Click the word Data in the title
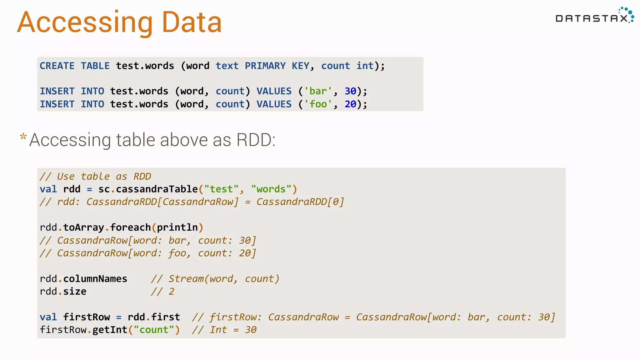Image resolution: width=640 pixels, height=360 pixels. [x=192, y=22]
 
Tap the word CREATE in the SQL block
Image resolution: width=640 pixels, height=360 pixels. [x=57, y=66]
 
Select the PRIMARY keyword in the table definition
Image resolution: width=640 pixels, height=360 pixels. [x=265, y=66]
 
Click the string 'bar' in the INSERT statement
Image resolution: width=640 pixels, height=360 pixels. [x=318, y=91]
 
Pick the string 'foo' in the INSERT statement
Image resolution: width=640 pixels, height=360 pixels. [x=318, y=104]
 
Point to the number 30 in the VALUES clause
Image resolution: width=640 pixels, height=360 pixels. [x=350, y=91]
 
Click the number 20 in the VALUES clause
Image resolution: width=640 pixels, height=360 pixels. [x=350, y=104]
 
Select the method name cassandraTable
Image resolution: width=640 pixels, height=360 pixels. [x=157, y=189]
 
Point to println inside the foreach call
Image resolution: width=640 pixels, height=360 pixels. [x=177, y=227]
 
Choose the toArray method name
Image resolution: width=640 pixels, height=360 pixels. [x=83, y=227]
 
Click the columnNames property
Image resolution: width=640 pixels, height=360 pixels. [x=95, y=279]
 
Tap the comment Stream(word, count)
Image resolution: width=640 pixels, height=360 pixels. [x=215, y=279]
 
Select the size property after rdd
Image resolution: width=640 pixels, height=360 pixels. [x=75, y=292]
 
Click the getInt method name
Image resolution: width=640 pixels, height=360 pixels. [x=110, y=330]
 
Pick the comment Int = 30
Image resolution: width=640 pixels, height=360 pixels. [x=224, y=330]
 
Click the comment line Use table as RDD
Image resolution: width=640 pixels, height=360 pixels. [x=95, y=177]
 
